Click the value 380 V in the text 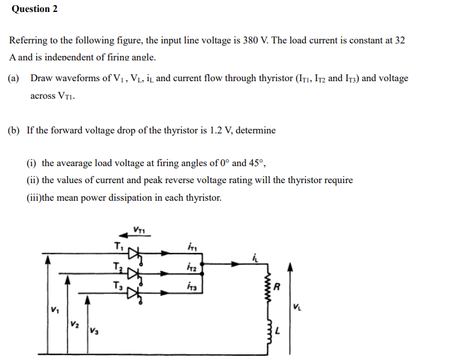[x=254, y=40]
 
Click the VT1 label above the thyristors [x=139, y=229]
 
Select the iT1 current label [x=193, y=246]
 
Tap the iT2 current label [x=193, y=267]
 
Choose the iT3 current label [x=193, y=286]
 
